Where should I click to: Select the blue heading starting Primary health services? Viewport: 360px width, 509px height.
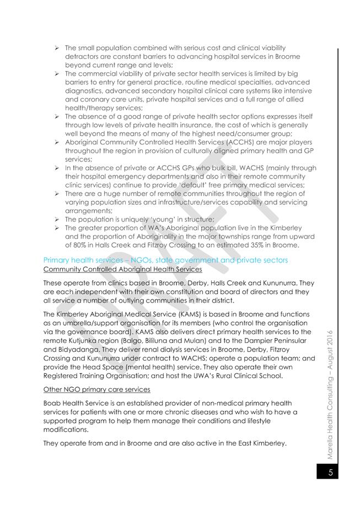coord(165,259)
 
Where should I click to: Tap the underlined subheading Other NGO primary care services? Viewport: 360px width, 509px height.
coord(90,389)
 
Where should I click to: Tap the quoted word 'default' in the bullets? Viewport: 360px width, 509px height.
coord(185,185)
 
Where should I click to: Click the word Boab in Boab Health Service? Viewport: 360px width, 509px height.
coord(53,404)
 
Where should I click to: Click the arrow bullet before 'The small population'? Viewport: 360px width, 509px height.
coord(57,49)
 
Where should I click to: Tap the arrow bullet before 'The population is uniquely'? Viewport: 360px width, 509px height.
coord(57,219)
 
